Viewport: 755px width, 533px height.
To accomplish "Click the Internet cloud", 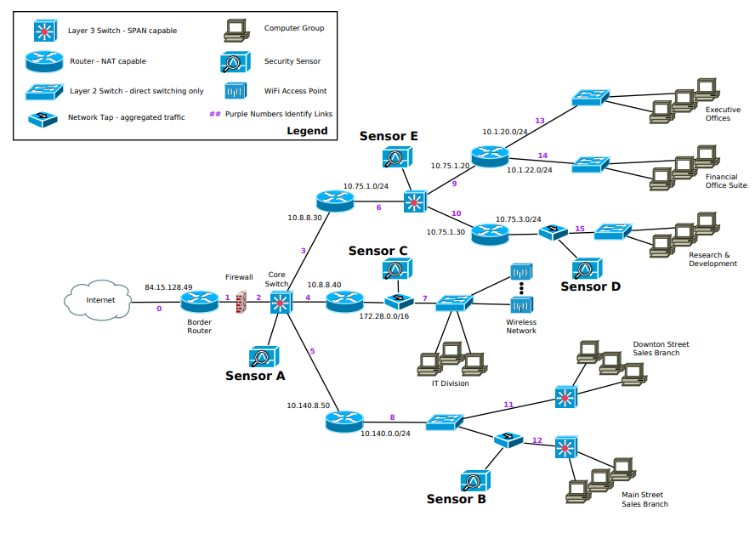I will tap(99, 301).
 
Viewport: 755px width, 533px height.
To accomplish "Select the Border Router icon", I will tap(199, 301).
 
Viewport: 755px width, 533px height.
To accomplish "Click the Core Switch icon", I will tap(281, 302).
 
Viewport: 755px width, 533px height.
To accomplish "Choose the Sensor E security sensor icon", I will tap(395, 157).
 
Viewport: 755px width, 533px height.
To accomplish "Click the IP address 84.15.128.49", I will tap(168, 286).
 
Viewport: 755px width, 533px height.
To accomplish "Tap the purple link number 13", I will tap(539, 121).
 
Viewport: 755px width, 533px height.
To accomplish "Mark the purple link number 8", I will tap(392, 417).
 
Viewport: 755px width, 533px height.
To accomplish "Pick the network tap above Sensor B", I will tap(508, 439).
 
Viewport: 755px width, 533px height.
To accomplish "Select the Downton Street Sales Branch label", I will tap(661, 349).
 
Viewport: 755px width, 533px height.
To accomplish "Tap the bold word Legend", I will tap(306, 131).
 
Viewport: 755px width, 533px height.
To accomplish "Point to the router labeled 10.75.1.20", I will tap(490, 156).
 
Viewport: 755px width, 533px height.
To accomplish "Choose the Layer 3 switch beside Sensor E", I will tap(414, 202).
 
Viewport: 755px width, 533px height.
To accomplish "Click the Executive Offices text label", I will tap(724, 114).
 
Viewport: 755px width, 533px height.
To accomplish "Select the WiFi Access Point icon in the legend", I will tap(236, 91).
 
